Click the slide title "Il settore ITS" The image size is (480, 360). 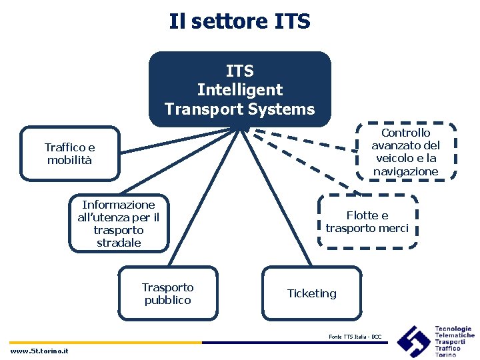[x=239, y=21]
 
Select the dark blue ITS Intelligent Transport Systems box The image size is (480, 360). [x=239, y=89]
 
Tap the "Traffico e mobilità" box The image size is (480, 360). [x=70, y=154]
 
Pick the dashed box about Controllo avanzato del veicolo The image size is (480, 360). [x=405, y=152]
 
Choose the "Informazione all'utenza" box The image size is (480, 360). [x=119, y=223]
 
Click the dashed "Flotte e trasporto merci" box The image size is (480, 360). [x=367, y=222]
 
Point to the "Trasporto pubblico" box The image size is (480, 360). [x=167, y=293]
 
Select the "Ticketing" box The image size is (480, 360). [x=311, y=293]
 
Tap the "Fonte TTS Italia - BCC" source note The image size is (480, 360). [x=355, y=336]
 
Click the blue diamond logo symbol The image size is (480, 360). [x=413, y=341]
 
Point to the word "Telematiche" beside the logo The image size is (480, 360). [x=455, y=335]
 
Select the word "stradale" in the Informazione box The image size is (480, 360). [x=119, y=243]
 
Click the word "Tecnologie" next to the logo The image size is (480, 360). [x=453, y=329]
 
